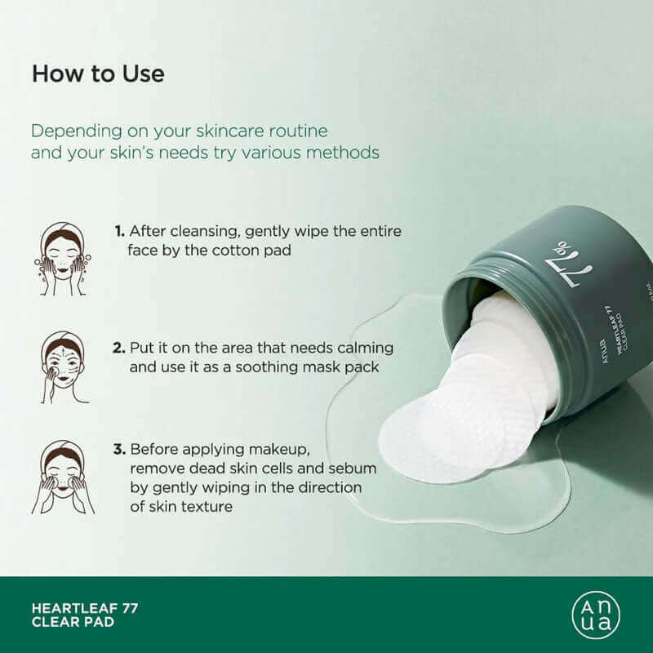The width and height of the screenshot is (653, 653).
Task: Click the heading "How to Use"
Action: (x=98, y=74)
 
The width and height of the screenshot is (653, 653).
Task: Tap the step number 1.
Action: (x=119, y=231)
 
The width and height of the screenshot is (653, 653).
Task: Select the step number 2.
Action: (x=118, y=348)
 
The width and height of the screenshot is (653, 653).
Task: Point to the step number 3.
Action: (x=119, y=450)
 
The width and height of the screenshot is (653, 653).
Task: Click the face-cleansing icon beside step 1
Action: (x=63, y=259)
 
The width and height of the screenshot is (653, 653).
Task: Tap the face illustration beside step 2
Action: (x=64, y=367)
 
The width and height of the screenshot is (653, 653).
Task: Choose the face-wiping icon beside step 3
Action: (x=63, y=477)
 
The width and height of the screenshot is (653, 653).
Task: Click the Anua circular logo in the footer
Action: (x=596, y=615)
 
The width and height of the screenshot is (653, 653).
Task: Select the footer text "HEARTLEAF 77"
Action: (x=85, y=608)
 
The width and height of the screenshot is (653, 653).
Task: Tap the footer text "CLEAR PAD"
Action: (x=73, y=622)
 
